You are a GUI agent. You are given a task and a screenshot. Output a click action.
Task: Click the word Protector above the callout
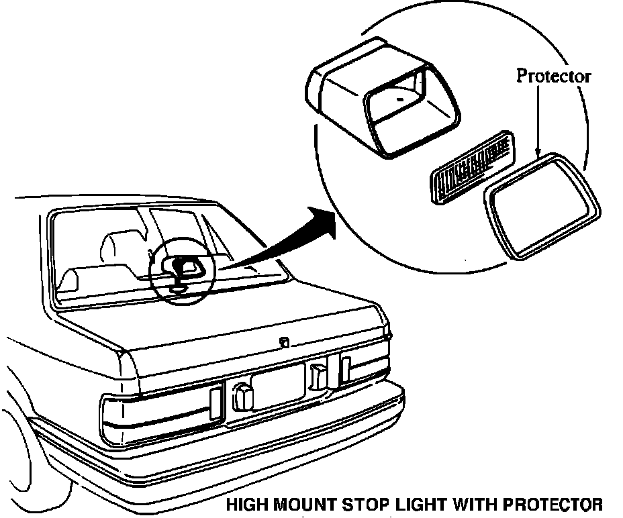coord(553,76)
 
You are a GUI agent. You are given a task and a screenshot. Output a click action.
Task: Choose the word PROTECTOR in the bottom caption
coord(544,504)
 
